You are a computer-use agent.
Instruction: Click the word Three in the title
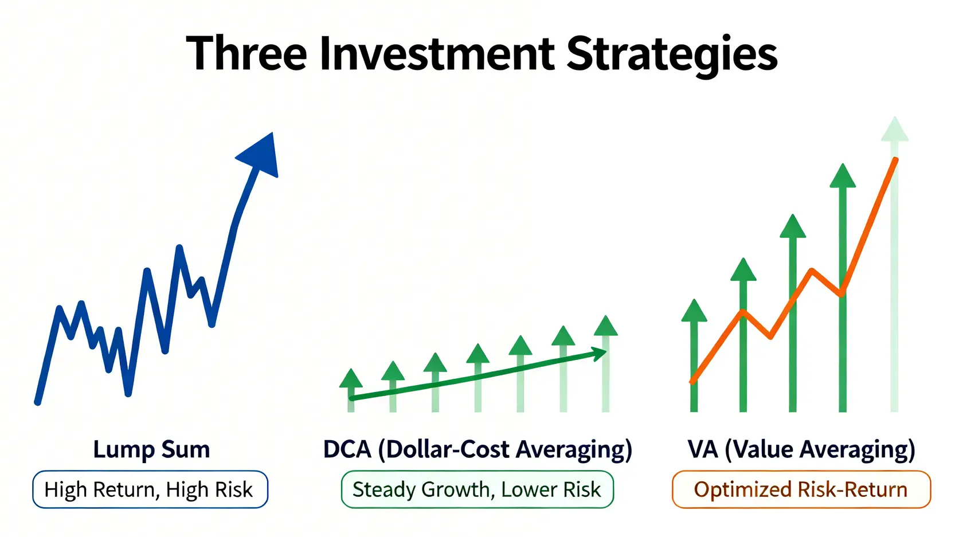[246, 54]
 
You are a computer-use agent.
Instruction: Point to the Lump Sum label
[151, 450]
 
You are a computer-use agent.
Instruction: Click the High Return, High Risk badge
[150, 489]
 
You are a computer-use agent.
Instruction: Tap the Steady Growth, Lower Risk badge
[477, 489]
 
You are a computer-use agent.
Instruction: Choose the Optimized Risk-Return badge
[801, 489]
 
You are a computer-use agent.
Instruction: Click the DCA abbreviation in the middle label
[347, 450]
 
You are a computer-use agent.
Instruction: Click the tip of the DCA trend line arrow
[605, 351]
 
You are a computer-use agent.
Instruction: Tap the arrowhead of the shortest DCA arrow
[350, 378]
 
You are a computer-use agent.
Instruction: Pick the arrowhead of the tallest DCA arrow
[605, 326]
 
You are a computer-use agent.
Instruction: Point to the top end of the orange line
[896, 160]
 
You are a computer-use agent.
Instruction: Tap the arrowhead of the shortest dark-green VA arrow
[694, 310]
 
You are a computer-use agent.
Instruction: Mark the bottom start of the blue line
[37, 402]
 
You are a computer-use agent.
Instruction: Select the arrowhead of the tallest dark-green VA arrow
[843, 175]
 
